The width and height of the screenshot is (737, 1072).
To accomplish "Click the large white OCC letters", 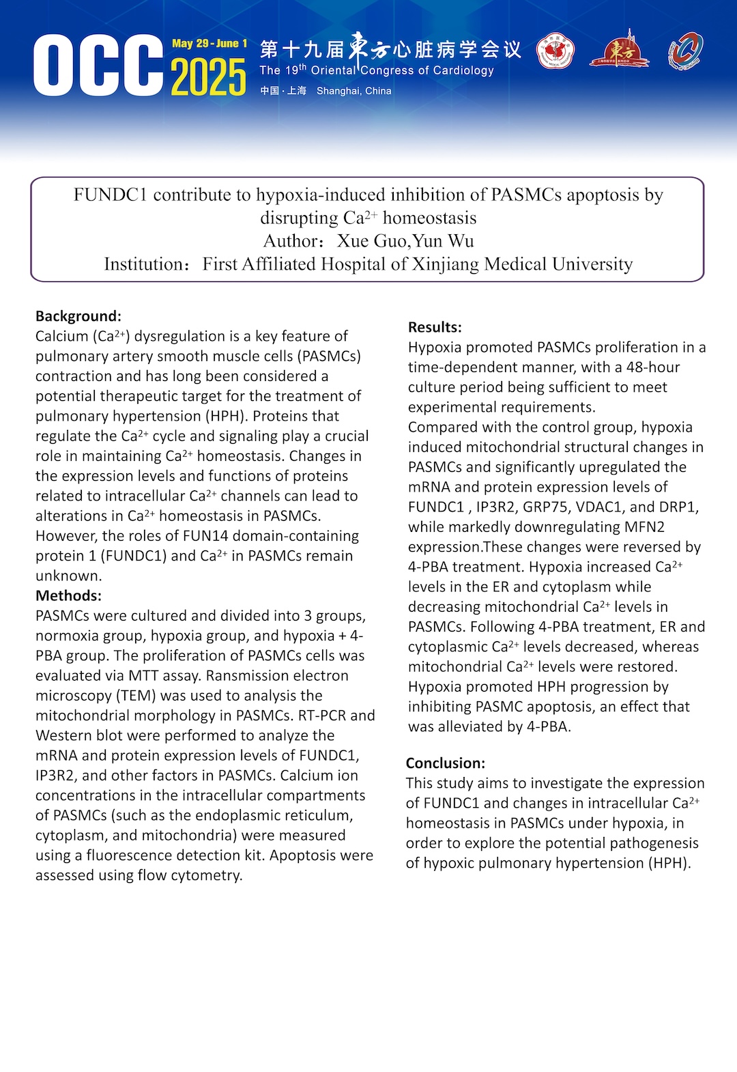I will [98, 66].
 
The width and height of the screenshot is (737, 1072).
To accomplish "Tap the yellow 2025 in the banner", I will [208, 77].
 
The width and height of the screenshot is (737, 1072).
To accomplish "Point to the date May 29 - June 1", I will [209, 44].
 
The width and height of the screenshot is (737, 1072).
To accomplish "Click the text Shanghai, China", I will [353, 91].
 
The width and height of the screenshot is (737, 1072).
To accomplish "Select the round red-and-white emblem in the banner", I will [555, 52].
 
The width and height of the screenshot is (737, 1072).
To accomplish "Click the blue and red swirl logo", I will [684, 51].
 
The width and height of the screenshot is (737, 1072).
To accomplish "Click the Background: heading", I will [78, 316].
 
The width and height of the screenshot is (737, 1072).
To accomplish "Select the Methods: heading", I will [68, 595].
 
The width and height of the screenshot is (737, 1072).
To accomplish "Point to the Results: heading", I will [435, 327].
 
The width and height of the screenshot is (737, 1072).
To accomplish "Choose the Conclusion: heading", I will [446, 763].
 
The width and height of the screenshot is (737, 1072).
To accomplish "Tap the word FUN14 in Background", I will [205, 536].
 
